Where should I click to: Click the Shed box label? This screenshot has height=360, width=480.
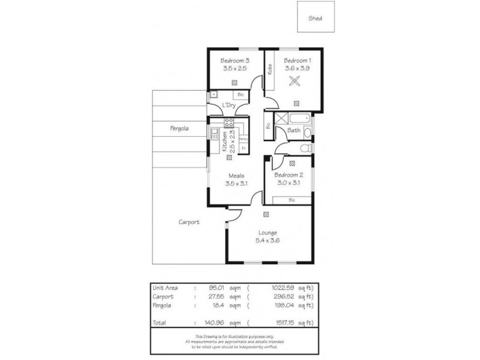[x=315, y=18]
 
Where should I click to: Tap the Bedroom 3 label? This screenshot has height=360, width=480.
[x=235, y=61]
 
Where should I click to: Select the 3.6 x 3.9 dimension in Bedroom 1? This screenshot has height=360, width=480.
[x=298, y=68]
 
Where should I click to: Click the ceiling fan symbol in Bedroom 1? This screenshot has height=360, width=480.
[x=295, y=82]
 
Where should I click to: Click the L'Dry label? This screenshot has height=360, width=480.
[x=228, y=106]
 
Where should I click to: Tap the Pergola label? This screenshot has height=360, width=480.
[x=179, y=128]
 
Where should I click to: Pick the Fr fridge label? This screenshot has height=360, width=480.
[x=244, y=148]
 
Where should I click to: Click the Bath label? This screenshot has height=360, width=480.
[x=294, y=130]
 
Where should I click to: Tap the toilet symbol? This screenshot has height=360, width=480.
[x=305, y=148]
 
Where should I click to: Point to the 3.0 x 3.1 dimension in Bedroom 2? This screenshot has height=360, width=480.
[x=289, y=182]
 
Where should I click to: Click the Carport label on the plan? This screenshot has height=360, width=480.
[x=189, y=222]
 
